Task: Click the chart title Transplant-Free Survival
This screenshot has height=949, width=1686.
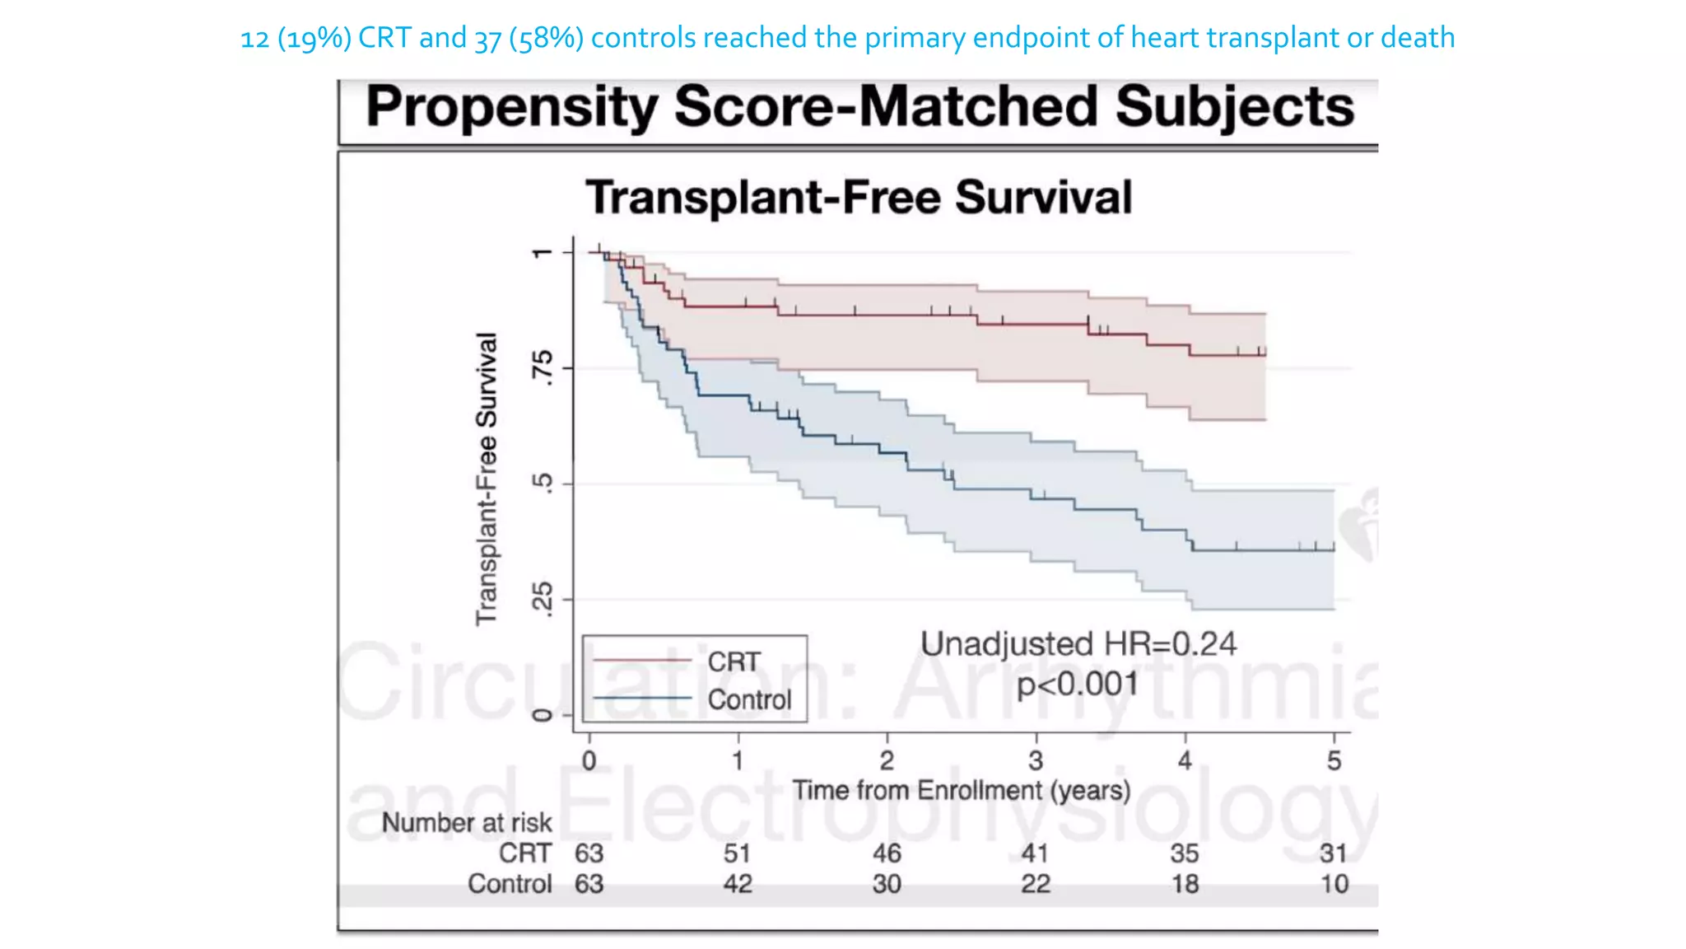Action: [x=859, y=198]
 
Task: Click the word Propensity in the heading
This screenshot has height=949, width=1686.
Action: [x=510, y=108]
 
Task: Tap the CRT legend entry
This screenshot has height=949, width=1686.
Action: [x=734, y=661]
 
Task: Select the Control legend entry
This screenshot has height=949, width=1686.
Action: [x=749, y=699]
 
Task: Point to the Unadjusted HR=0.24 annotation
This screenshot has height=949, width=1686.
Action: [x=1078, y=644]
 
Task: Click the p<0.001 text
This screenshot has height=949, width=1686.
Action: [x=1078, y=684]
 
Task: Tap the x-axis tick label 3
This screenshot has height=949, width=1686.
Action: [x=1036, y=760]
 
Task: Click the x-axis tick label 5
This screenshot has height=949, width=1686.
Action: [x=1334, y=760]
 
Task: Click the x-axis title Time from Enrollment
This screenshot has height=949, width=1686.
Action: [x=961, y=790]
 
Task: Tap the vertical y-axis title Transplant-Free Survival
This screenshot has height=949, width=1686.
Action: [x=487, y=479]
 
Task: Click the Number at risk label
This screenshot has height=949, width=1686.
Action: [x=467, y=822]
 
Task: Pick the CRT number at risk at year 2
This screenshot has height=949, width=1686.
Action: [x=887, y=853]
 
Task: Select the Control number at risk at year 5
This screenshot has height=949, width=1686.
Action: [x=1334, y=884]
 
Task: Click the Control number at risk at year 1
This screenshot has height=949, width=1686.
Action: [x=738, y=884]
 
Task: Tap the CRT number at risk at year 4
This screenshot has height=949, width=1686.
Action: [x=1185, y=853]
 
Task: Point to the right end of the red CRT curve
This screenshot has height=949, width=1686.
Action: [x=1264, y=353]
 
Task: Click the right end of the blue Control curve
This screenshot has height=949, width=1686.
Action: [x=1333, y=549]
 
